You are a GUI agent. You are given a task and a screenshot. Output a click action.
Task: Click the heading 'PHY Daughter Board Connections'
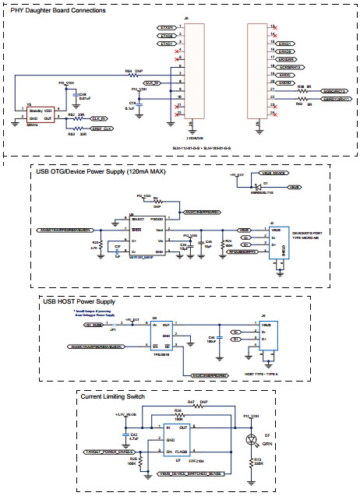[x=58, y=11]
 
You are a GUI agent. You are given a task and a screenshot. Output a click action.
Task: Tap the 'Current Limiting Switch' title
[x=113, y=396]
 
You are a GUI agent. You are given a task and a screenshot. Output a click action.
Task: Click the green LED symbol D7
[x=252, y=440]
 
